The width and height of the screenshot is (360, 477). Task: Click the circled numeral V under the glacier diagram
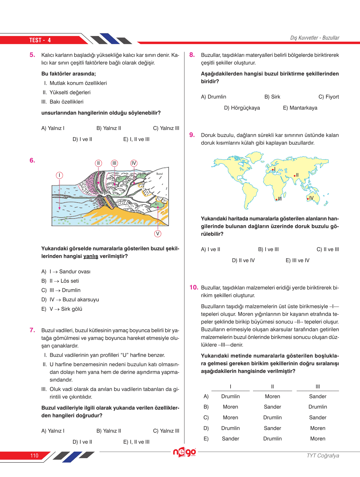click(158, 234)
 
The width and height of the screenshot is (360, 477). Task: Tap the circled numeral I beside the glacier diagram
click(59, 175)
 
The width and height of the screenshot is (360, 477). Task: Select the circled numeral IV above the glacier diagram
click(134, 163)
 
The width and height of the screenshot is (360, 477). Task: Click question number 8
click(192, 55)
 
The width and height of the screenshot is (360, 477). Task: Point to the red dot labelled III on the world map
click(276, 200)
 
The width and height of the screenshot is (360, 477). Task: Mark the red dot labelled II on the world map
click(294, 176)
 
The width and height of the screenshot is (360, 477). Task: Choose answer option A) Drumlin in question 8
click(213, 97)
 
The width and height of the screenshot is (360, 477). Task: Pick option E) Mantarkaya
click(300, 108)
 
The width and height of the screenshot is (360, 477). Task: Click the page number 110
click(34, 455)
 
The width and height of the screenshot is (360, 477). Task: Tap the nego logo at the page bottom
click(184, 452)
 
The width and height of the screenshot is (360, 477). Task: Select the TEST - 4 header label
click(40, 40)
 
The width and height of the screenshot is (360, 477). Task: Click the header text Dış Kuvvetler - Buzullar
click(314, 38)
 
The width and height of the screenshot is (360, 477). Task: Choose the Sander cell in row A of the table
click(318, 396)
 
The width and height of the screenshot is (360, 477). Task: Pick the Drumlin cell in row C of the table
click(272, 418)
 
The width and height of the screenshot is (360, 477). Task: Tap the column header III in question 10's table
click(318, 386)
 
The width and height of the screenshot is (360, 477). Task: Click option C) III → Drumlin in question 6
click(61, 290)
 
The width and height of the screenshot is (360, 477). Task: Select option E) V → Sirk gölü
click(62, 309)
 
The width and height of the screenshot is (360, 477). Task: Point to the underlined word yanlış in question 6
click(90, 256)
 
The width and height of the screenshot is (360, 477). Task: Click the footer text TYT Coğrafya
click(323, 455)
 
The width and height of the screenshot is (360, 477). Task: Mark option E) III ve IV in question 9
click(297, 261)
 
